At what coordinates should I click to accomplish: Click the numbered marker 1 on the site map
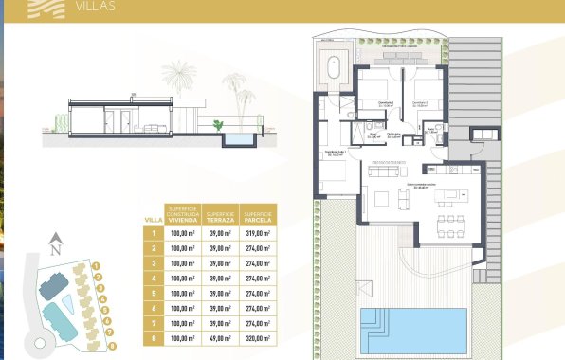(x=98, y=265)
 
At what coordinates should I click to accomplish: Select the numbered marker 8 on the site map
(x=112, y=346)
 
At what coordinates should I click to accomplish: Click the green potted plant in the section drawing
(x=219, y=123)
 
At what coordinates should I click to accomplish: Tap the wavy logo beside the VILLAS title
(x=44, y=8)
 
